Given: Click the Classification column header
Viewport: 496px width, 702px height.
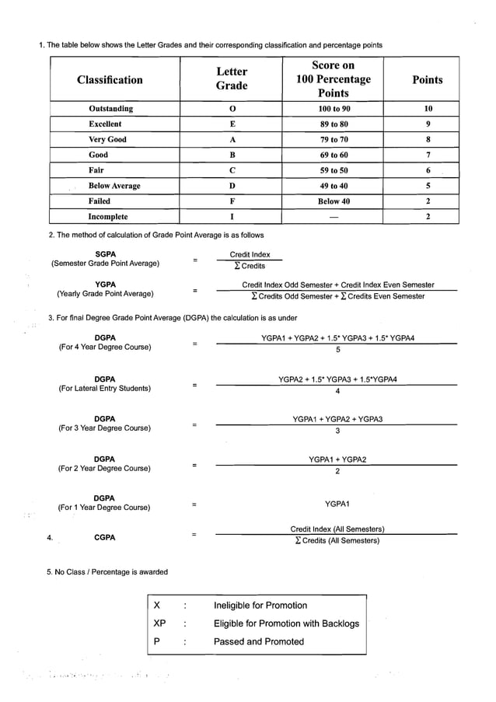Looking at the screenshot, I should [110, 79].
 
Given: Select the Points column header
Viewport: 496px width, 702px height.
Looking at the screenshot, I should [427, 79].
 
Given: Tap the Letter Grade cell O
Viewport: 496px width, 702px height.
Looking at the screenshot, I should [232, 109].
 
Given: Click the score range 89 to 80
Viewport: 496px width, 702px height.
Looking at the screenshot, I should [334, 124].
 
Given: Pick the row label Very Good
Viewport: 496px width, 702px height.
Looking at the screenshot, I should [107, 140].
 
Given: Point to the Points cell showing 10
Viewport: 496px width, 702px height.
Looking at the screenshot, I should [428, 109].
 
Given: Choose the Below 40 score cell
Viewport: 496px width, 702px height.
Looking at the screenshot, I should [334, 201].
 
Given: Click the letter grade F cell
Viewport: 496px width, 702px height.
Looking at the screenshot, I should [232, 201].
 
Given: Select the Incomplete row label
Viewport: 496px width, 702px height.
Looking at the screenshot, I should [108, 217].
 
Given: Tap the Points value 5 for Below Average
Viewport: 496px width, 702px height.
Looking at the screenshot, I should [428, 186].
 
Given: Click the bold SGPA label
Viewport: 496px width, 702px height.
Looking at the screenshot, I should [105, 254].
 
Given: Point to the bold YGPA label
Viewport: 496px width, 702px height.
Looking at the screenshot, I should [105, 285].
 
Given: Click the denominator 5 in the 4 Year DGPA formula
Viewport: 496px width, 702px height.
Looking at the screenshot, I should [337, 350].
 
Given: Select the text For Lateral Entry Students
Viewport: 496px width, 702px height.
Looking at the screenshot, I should [105, 389].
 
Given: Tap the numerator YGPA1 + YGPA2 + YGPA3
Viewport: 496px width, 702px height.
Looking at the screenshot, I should [337, 419].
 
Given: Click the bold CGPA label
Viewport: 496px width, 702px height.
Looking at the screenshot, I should [105, 537].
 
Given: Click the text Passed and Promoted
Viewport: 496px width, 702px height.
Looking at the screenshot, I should [259, 641].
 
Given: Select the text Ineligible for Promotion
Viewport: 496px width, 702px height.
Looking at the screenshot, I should [260, 606].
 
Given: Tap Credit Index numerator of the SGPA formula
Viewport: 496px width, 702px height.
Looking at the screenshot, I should [250, 254].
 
